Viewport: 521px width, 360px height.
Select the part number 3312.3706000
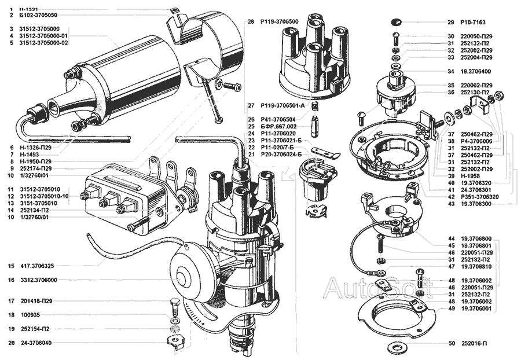[38, 280]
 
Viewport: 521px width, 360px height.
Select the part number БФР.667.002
[279, 126]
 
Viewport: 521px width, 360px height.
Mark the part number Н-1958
[469, 175]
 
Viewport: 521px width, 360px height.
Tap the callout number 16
[11, 280]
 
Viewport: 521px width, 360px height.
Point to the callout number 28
[251, 21]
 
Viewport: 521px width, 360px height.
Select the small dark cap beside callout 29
[395, 22]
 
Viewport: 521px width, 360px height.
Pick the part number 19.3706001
[477, 308]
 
